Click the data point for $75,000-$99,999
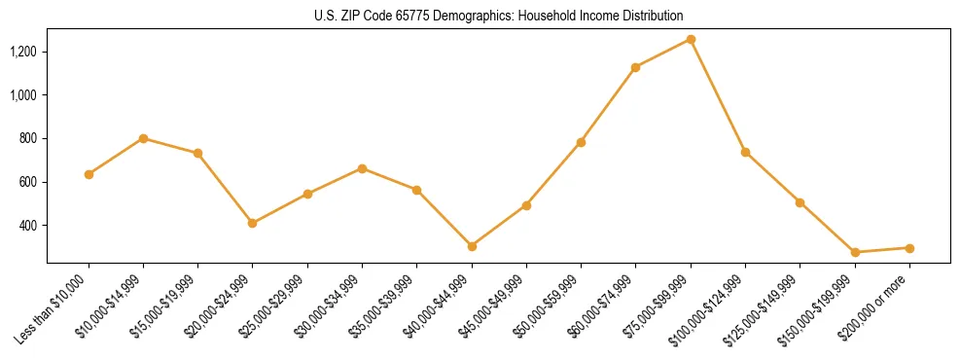coord(691,39)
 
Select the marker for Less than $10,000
coord(89,174)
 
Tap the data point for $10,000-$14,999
coord(143,138)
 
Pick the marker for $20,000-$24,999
coord(253,223)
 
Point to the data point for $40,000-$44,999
coord(472,246)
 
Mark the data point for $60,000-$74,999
coord(636,67)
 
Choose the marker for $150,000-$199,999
coord(855,252)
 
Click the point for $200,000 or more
coord(909,248)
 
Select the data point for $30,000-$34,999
coord(362,168)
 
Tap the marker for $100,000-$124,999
coord(745,152)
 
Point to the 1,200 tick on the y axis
coord(27,51)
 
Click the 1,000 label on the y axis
coord(27,94)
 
